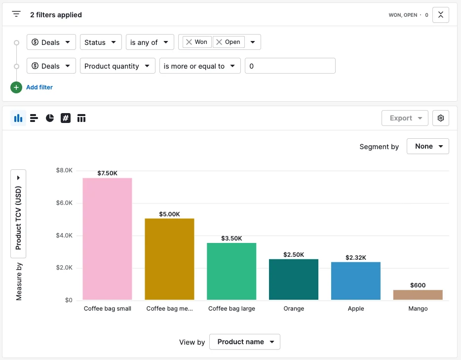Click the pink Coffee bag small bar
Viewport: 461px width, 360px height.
point(107,239)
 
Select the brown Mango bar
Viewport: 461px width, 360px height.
point(418,295)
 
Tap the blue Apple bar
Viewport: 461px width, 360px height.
point(356,281)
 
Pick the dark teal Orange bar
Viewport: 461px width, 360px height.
point(294,280)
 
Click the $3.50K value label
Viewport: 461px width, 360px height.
point(231,238)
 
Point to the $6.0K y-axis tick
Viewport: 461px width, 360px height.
point(64,203)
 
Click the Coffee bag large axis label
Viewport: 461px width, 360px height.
point(231,309)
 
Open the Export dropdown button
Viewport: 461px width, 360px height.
point(405,118)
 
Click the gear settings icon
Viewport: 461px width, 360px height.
point(441,118)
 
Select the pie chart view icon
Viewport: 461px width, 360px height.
point(50,118)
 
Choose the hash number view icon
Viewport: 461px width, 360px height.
point(66,118)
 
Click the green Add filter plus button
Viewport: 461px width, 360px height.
point(16,87)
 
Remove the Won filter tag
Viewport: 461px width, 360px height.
point(189,42)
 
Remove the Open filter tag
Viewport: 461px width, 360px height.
point(219,42)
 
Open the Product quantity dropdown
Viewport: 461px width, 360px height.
point(117,66)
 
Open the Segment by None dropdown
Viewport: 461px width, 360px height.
point(428,146)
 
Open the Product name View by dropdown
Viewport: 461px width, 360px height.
point(245,342)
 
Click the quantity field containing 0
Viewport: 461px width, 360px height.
point(290,66)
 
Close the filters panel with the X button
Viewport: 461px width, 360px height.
point(441,15)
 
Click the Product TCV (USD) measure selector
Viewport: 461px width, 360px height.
point(18,214)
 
